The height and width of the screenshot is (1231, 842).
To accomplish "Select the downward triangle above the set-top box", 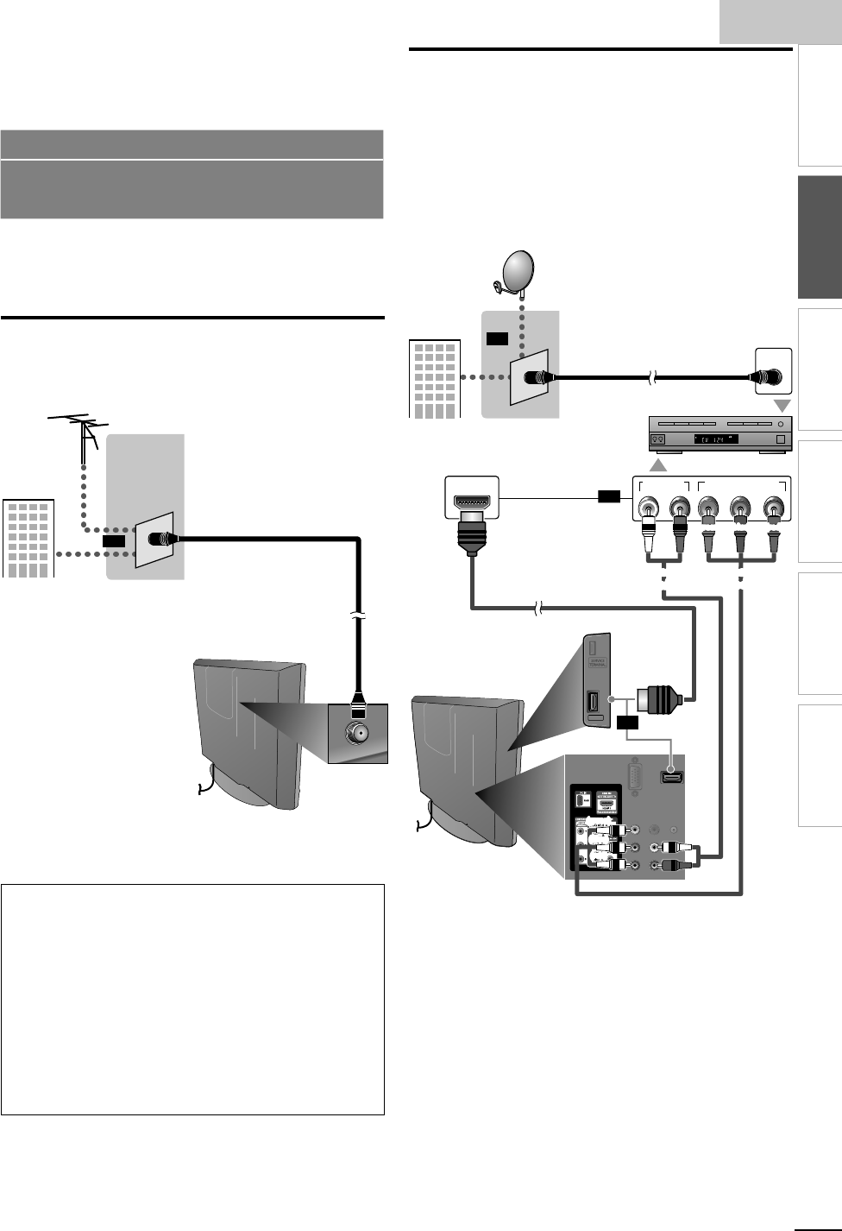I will pyautogui.click(x=782, y=406).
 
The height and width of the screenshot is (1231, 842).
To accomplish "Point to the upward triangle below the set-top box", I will pyautogui.click(x=658, y=465).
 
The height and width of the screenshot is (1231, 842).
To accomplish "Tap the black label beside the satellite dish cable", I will pyautogui.click(x=496, y=338).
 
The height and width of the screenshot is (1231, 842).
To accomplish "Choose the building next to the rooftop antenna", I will pyautogui.click(x=28, y=538).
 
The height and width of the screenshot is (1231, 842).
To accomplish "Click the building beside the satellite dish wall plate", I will pyautogui.click(x=433, y=380).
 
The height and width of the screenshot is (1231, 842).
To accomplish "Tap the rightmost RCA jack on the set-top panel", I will pyautogui.click(x=773, y=510).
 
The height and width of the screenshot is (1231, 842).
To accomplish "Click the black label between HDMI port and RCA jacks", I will pyautogui.click(x=608, y=496).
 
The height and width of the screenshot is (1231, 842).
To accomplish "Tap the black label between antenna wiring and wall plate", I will pyautogui.click(x=113, y=540).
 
